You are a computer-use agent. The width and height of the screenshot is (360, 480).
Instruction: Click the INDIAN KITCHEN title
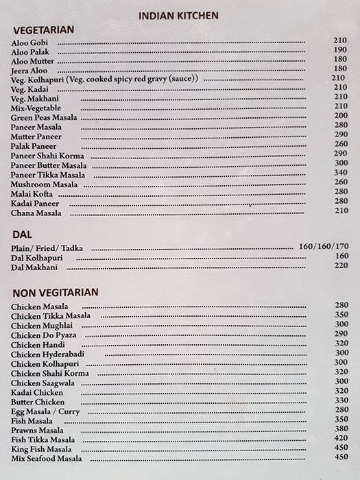click(178, 14)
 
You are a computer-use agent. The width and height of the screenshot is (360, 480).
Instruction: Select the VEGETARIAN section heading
click(43, 30)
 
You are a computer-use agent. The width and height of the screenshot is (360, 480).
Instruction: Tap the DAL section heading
click(23, 235)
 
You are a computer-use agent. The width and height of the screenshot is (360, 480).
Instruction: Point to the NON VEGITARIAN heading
click(55, 292)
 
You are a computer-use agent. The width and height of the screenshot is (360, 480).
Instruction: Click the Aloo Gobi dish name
click(31, 43)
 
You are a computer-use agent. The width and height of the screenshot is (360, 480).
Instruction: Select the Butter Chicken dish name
click(38, 402)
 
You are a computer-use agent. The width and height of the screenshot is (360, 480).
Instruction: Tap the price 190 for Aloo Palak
click(341, 51)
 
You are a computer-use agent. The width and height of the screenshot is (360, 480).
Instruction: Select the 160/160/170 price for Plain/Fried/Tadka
click(324, 246)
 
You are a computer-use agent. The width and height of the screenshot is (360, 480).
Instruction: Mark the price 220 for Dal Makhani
click(341, 265)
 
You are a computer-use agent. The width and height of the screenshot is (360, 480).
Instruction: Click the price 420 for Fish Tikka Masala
click(341, 438)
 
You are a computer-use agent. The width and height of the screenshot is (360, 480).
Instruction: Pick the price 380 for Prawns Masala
click(341, 429)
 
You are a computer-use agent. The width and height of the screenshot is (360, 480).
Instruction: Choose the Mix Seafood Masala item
click(47, 458)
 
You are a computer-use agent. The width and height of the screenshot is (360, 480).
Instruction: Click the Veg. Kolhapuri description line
click(104, 80)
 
